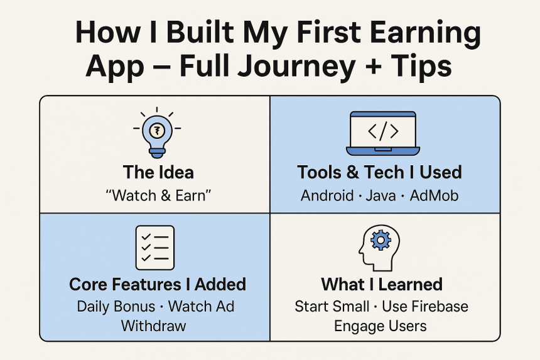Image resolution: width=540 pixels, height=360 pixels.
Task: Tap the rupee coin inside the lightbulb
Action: pyautogui.click(x=157, y=131)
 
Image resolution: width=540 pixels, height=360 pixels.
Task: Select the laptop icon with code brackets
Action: pyautogui.click(x=382, y=133)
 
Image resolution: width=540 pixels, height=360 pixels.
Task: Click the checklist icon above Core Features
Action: pyautogui.click(x=155, y=248)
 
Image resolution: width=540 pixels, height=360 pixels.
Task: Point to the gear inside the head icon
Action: pyautogui.click(x=381, y=240)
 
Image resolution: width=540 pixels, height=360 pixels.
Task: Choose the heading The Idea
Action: pyautogui.click(x=158, y=172)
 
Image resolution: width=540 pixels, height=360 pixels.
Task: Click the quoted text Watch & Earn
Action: pyautogui.click(x=158, y=195)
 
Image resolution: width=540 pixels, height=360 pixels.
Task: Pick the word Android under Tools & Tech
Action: pyautogui.click(x=327, y=195)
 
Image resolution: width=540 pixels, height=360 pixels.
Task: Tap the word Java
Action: pyautogui.click(x=381, y=196)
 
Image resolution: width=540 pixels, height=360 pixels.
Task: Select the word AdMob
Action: pyautogui.click(x=434, y=195)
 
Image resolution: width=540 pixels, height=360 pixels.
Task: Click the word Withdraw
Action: pyautogui.click(x=154, y=326)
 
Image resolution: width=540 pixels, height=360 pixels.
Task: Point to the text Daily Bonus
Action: pyautogui.click(x=116, y=307)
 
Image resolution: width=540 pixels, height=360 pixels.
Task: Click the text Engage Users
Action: pyautogui.click(x=381, y=326)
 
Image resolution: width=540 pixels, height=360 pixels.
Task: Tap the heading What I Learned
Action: pyautogui.click(x=382, y=285)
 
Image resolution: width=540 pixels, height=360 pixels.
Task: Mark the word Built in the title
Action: pyautogui.click(x=200, y=33)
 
